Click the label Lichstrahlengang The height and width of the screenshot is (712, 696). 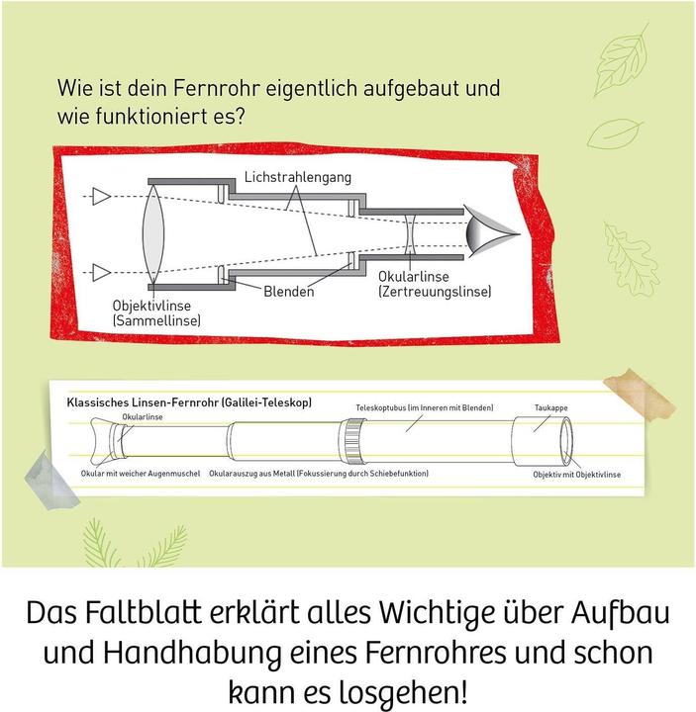click(x=298, y=177)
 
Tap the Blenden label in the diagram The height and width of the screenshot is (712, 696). click(x=289, y=291)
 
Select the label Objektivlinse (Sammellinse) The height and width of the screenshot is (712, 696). click(x=156, y=312)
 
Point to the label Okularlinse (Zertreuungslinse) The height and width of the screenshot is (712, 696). click(x=435, y=284)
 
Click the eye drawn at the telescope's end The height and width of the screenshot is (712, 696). click(x=489, y=232)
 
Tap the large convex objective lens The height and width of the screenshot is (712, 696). click(x=153, y=233)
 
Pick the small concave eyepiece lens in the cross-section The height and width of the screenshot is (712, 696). click(x=410, y=234)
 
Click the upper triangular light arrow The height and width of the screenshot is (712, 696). click(x=102, y=196)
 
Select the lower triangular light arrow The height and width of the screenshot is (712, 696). click(x=102, y=273)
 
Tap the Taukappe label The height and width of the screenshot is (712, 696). click(x=551, y=407)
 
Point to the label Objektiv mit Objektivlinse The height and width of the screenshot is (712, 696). click(x=576, y=475)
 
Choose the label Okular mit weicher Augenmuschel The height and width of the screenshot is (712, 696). click(x=141, y=474)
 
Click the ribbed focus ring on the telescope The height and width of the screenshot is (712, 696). click(x=352, y=441)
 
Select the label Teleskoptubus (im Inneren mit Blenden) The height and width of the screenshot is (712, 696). click(x=424, y=407)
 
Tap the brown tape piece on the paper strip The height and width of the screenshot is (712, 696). click(x=639, y=395)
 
